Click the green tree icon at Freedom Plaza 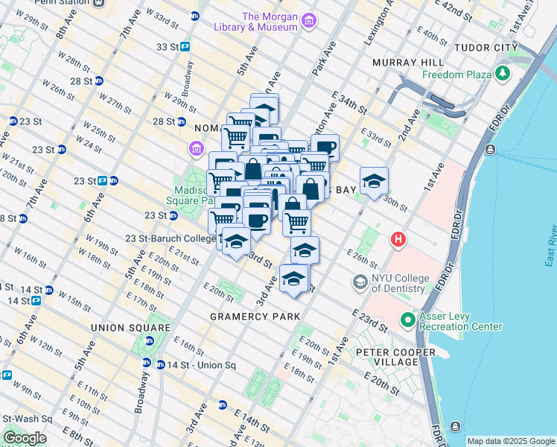click(503, 74)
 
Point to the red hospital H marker click(399, 240)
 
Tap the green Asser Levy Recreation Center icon click(407, 321)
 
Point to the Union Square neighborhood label click(130, 328)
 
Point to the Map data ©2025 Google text click(510, 441)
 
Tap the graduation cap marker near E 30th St click(374, 180)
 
